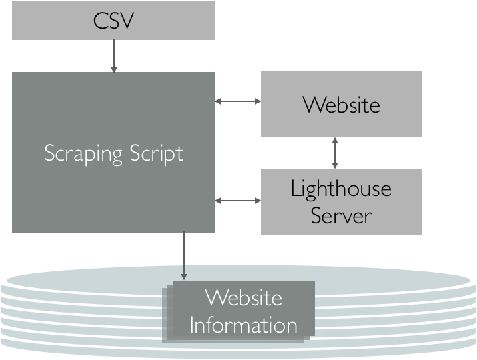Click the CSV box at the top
[x=113, y=21]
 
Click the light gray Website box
[x=341, y=105]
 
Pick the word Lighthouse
[x=341, y=189]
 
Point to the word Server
[x=341, y=215]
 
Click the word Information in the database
[x=243, y=325]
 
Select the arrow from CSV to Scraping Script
[x=114, y=56]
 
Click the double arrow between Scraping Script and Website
[x=238, y=101]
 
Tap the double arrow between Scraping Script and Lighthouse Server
[x=238, y=199]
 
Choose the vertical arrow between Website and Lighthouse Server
[x=335, y=153]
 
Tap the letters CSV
[x=113, y=20]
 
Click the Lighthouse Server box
[x=341, y=201]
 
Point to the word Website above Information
[x=243, y=297]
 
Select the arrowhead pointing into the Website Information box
[x=183, y=275]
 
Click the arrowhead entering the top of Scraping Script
[x=114, y=69]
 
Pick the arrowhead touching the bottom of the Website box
[x=335, y=141]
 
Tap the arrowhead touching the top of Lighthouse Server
[x=335, y=165]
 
